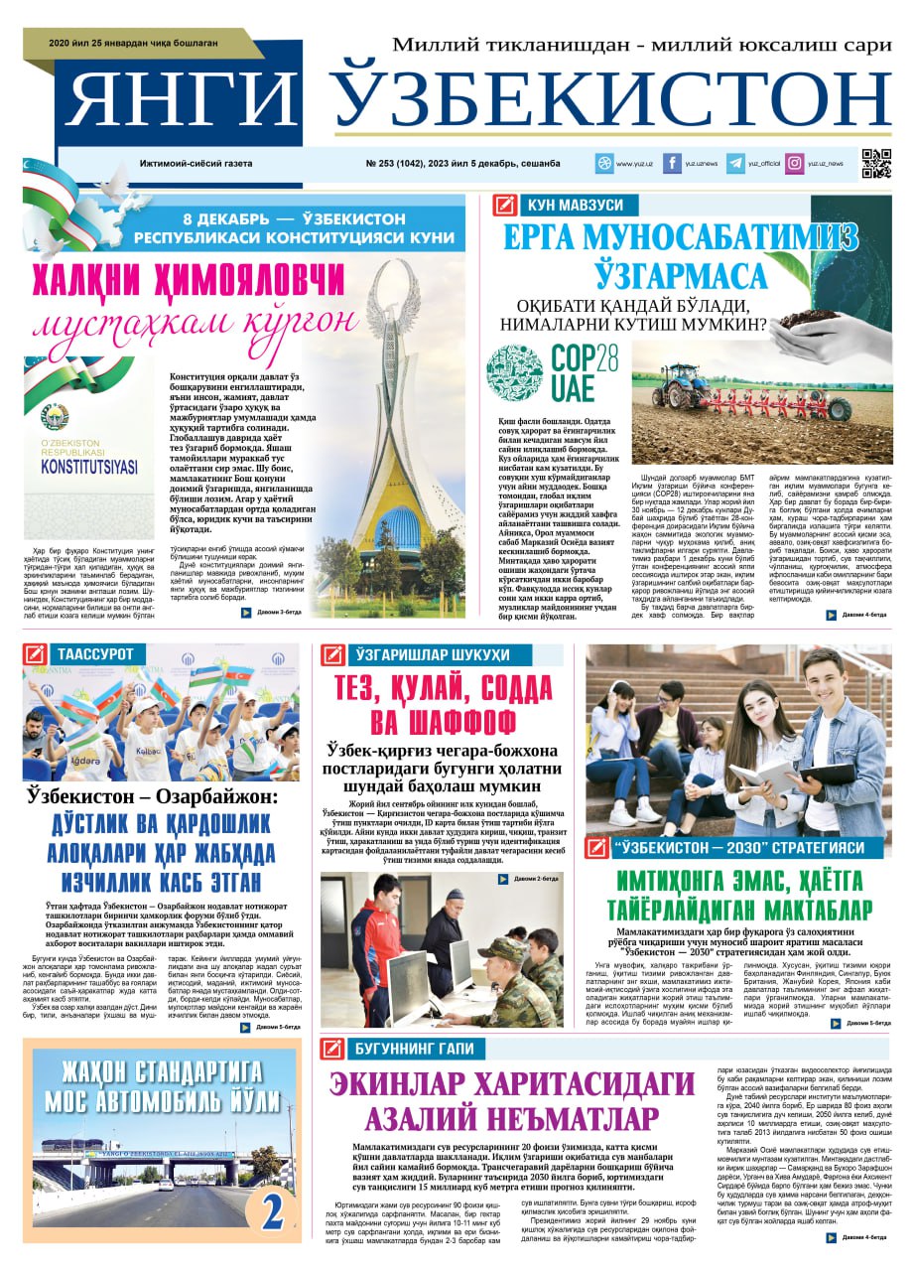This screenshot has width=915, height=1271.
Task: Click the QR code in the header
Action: click(x=875, y=163)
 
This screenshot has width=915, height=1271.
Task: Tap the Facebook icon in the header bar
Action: click(x=672, y=164)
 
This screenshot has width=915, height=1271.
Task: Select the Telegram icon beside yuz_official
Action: click(x=735, y=164)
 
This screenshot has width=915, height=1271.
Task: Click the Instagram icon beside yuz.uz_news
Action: click(x=795, y=164)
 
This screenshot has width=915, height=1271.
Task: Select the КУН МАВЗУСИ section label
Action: click(x=576, y=206)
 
